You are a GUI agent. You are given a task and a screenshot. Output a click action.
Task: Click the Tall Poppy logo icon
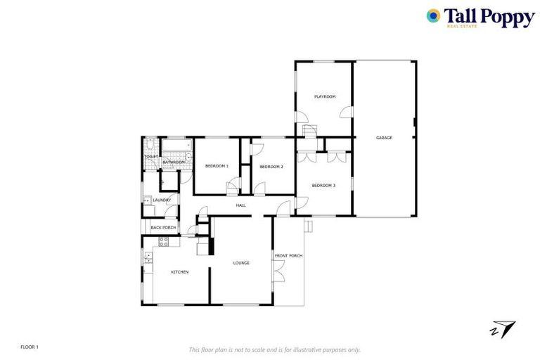coord(434,15)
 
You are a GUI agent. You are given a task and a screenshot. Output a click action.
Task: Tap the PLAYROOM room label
coord(324,96)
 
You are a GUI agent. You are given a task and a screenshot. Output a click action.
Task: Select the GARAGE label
coord(384,138)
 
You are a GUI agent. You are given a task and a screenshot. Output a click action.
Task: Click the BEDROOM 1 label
coord(217,166)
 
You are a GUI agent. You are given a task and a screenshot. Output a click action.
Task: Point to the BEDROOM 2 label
coord(271,167)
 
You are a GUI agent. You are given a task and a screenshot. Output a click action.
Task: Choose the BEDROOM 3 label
coord(323,185)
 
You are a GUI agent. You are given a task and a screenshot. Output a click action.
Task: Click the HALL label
coord(240,205)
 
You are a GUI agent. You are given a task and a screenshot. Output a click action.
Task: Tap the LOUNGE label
coord(241,263)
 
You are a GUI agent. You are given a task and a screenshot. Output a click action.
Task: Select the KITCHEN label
coord(179,272)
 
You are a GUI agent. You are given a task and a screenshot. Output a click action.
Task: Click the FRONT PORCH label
coord(288,256)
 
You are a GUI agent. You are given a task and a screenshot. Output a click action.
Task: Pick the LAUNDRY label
coord(162,200)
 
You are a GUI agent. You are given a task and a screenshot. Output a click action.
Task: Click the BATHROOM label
coord(174,162)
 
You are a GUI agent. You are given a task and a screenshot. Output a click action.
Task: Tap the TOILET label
coord(151,157)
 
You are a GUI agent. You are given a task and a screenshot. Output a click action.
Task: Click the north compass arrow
coord(505,328)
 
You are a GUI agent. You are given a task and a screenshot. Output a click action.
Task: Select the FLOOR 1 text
coord(29,347)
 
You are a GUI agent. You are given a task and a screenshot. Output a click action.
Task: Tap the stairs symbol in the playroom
coord(310,131)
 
